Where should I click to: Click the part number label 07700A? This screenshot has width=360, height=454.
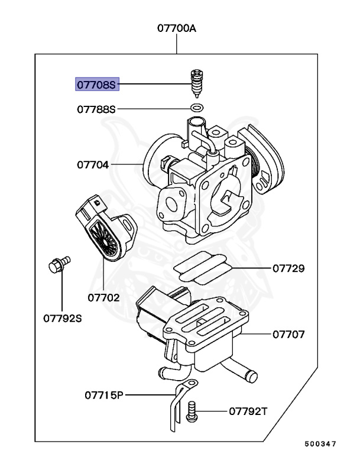pyautogui.click(x=176, y=28)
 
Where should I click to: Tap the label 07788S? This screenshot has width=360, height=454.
pyautogui.click(x=97, y=109)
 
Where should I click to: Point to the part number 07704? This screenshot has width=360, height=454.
pyautogui.click(x=93, y=164)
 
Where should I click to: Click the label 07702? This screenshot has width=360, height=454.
pyautogui.click(x=103, y=297)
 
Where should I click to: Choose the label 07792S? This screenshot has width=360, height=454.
pyautogui.click(x=62, y=319)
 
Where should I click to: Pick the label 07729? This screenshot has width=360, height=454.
pyautogui.click(x=288, y=268)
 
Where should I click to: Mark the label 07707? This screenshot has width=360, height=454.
pyautogui.click(x=288, y=335)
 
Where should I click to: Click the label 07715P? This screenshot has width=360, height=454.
pyautogui.click(x=102, y=394)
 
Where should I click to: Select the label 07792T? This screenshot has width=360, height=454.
pyautogui.click(x=248, y=411)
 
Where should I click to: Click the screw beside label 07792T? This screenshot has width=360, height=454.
pyautogui.click(x=192, y=410)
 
